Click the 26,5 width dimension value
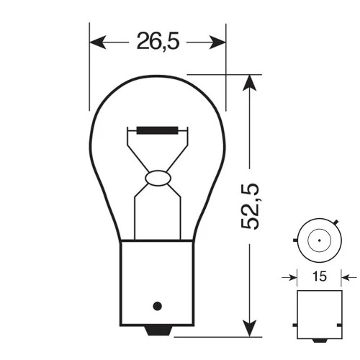tap(157, 42)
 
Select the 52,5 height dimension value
tap(250, 207)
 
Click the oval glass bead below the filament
tap(157, 177)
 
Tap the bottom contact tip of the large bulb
tap(158, 330)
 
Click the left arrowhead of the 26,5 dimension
tap(96, 42)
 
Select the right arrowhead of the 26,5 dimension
tap(219, 42)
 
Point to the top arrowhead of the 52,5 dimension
tap(249, 81)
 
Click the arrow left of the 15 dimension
tap(292, 276)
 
